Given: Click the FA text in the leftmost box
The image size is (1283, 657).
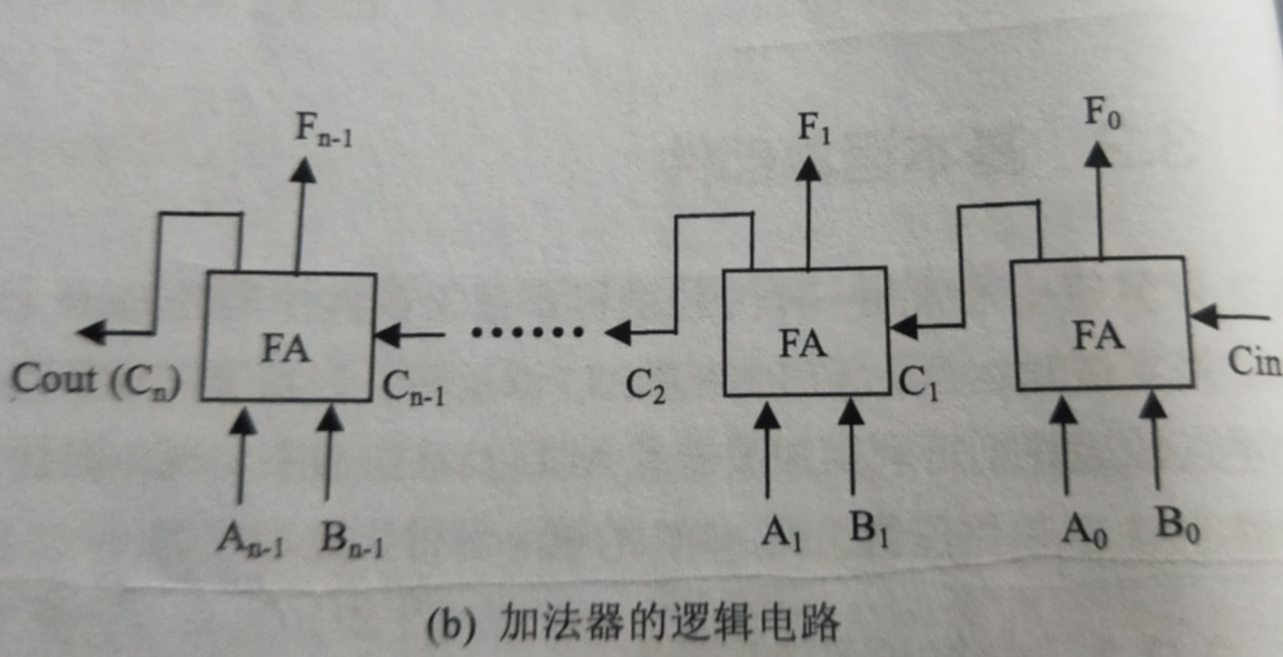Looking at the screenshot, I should pos(286,350).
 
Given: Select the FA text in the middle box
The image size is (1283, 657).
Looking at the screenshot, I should pos(803,343).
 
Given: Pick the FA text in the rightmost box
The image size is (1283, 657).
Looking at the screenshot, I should pos(1098,335).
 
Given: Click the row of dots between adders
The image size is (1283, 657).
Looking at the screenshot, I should pos(527,333).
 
